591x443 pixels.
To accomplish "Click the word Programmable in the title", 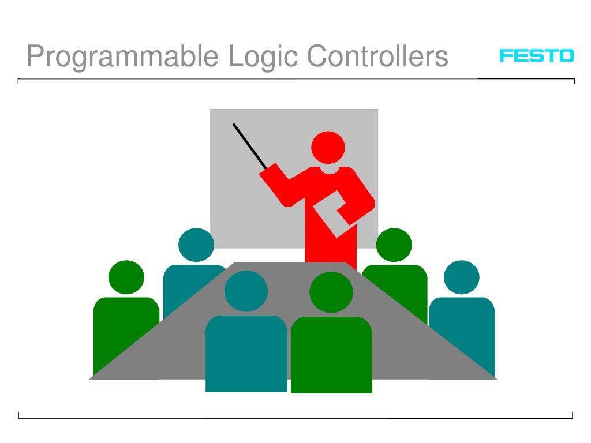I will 123,57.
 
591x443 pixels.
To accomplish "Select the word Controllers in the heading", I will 377,57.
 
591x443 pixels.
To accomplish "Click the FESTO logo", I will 537,56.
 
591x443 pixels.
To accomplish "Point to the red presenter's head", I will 328,147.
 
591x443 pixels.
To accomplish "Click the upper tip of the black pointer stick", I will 234,125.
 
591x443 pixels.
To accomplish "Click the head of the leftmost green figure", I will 126,277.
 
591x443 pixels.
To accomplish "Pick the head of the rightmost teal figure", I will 461,277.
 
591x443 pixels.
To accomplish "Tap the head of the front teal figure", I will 246,291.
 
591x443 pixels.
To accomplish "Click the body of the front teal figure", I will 246,355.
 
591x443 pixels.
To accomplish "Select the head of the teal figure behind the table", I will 196,245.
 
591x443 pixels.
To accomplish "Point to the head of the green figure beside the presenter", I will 394,244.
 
